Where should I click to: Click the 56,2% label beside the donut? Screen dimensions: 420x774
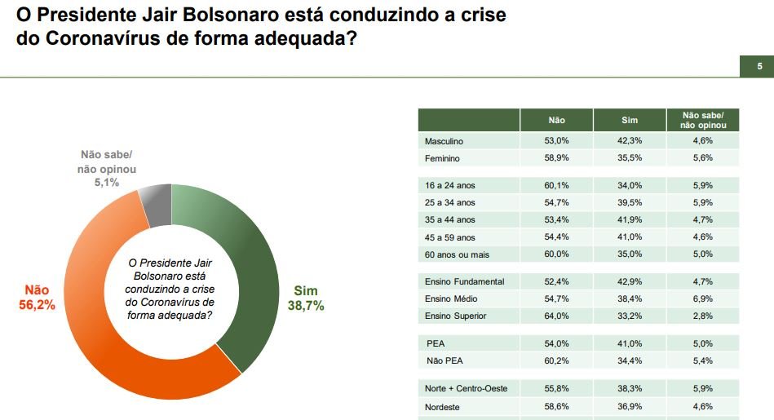pyautogui.click(x=36, y=305)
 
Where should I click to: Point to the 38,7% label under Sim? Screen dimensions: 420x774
pyautogui.click(x=306, y=306)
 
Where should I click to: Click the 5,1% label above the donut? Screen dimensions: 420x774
pyautogui.click(x=106, y=183)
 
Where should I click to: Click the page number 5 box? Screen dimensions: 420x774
pyautogui.click(x=759, y=67)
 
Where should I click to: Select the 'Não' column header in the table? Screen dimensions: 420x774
pyautogui.click(x=556, y=121)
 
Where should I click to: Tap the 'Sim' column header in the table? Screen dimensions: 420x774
pyautogui.click(x=629, y=121)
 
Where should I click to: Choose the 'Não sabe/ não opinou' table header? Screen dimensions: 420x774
pyautogui.click(x=703, y=121)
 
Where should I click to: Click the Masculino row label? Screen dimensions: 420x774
pyautogui.click(x=444, y=142)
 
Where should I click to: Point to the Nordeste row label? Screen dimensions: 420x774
pyautogui.click(x=444, y=406)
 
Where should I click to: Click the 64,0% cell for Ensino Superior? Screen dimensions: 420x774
pyautogui.click(x=556, y=316)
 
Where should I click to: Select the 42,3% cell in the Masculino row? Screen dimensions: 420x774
pyautogui.click(x=629, y=142)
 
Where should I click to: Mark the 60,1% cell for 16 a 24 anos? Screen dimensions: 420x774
pyautogui.click(x=556, y=184)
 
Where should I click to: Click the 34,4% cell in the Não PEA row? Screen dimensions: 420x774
pyautogui.click(x=629, y=360)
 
